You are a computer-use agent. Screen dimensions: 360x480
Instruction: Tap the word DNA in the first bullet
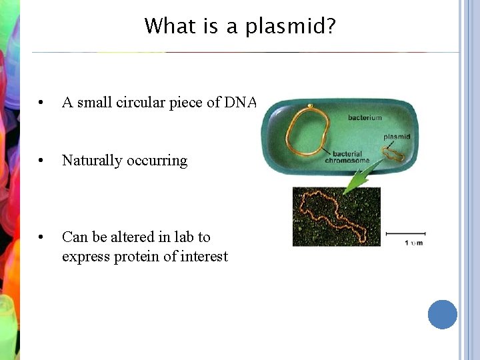point(241,102)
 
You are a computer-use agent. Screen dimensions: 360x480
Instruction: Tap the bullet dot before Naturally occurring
point(41,161)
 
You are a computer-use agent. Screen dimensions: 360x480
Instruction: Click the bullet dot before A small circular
point(41,103)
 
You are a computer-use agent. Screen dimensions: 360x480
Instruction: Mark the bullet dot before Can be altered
point(41,237)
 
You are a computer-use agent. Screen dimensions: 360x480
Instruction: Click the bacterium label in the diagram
point(365,118)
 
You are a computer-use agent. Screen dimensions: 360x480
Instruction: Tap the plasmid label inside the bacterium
point(397,137)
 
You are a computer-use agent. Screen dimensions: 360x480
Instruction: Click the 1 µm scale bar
point(405,234)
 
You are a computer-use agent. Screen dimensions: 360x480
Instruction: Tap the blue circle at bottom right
point(442,314)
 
